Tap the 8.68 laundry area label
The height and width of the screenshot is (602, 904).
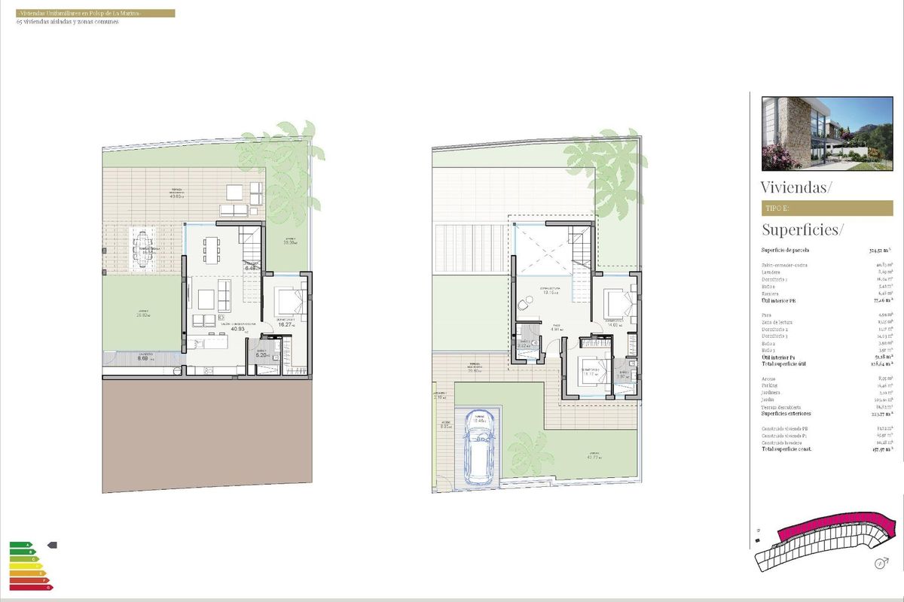(142, 359)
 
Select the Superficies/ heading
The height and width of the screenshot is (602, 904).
(803, 230)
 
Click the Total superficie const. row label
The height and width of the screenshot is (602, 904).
(792, 449)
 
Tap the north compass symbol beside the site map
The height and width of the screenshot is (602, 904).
(878, 563)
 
